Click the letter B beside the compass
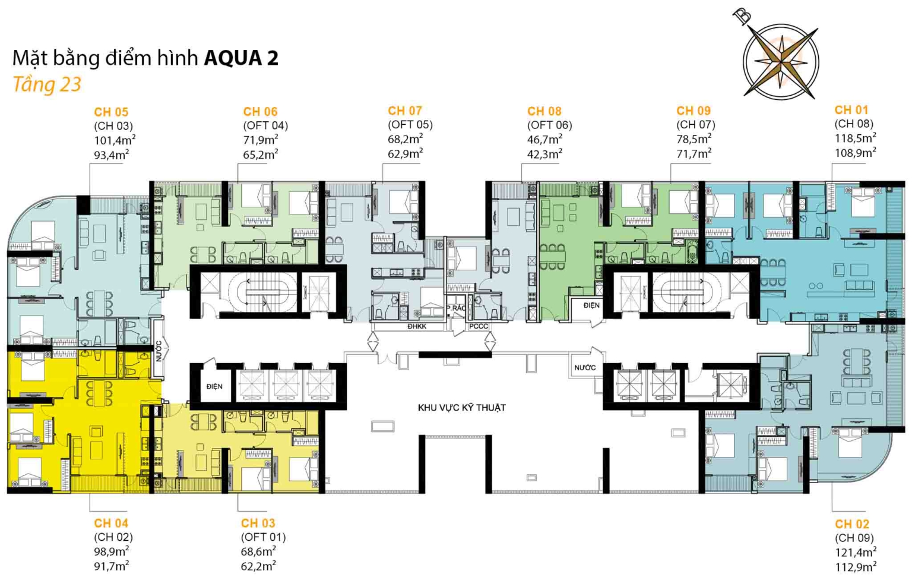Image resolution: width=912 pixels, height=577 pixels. click(743, 16)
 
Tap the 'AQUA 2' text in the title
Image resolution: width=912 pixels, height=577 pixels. click(241, 58)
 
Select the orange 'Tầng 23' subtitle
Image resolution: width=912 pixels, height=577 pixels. click(47, 84)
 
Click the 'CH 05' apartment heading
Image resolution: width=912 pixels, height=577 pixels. click(111, 112)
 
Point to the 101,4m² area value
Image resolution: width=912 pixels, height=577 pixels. click(115, 140)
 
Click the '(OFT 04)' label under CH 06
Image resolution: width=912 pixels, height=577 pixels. click(265, 125)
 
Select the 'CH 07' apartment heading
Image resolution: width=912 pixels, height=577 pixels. click(405, 111)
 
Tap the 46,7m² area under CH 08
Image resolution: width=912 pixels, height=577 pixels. click(544, 139)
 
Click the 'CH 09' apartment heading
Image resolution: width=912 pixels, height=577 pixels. click(693, 111)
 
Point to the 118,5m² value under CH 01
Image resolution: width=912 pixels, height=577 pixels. click(855, 138)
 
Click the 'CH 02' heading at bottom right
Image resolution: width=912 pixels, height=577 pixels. click(852, 524)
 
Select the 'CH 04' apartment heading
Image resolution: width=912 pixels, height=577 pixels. click(111, 523)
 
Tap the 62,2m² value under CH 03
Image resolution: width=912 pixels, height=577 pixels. click(258, 566)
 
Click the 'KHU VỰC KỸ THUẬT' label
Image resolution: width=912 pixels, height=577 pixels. click(462, 408)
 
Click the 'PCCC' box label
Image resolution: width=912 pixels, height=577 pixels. click(479, 326)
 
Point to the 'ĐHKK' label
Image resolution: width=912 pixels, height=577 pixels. click(417, 326)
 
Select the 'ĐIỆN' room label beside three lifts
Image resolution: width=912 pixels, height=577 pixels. click(214, 386)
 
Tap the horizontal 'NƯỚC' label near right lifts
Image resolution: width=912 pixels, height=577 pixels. click(585, 368)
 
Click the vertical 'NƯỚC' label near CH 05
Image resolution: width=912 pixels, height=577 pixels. click(159, 351)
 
